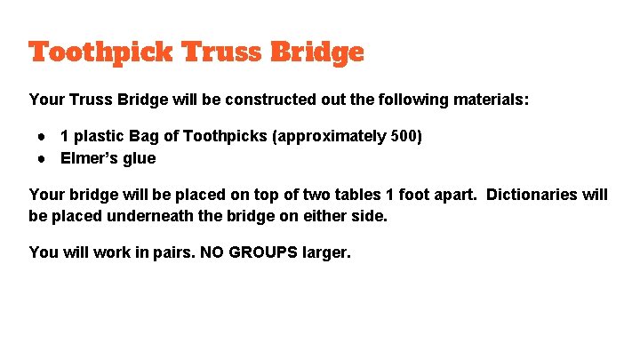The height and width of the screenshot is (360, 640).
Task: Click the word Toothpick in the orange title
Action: (x=100, y=52)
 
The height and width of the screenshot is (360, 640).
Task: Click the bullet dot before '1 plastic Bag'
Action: (x=42, y=137)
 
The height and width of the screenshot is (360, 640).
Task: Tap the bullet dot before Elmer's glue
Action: (x=42, y=159)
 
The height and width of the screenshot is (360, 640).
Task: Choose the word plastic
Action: (x=100, y=136)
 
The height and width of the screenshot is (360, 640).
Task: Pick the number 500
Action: (x=403, y=136)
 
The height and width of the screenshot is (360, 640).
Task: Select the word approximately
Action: (x=334, y=136)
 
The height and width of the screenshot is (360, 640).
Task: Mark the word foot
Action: (x=425, y=194)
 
